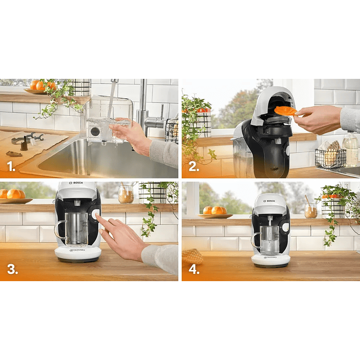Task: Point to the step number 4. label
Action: [194, 270]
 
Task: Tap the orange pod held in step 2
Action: [285, 110]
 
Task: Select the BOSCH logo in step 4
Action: [270, 201]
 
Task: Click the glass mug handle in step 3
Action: [60, 229]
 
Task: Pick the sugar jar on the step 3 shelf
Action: [125, 194]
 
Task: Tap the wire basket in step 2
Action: [330, 158]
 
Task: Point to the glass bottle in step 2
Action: [351, 149]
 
